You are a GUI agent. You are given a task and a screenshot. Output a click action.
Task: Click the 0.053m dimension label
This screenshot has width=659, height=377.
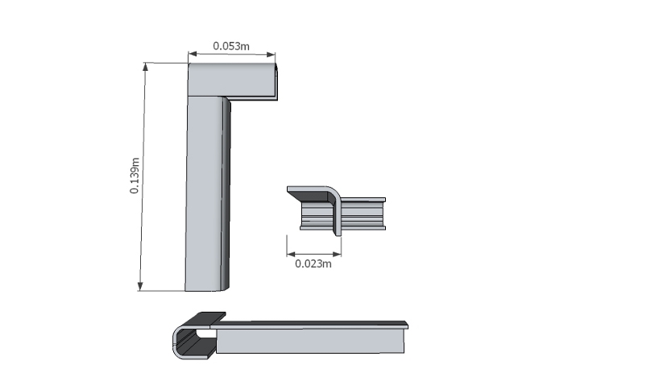tap(231, 46)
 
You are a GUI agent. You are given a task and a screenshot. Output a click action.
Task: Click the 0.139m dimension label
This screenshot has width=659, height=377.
tap(135, 176)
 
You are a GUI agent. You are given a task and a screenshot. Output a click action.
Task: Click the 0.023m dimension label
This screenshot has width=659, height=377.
tap(313, 264)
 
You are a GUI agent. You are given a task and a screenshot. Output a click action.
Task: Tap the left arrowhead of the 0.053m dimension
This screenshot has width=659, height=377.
tap(193, 54)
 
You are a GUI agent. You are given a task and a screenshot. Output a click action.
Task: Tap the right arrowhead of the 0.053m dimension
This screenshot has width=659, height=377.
tap(271, 54)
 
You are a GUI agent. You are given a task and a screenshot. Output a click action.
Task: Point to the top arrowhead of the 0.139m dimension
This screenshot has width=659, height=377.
tap(146, 67)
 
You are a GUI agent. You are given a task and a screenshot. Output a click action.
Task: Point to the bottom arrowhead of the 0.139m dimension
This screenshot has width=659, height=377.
tap(140, 286)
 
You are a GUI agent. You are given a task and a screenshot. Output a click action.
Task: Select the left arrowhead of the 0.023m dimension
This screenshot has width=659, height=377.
tap(292, 255)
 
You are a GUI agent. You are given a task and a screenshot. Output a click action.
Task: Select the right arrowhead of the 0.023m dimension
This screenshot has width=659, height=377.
tap(337, 255)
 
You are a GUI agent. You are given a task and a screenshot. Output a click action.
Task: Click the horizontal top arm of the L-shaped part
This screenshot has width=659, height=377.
tap(232, 81)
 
